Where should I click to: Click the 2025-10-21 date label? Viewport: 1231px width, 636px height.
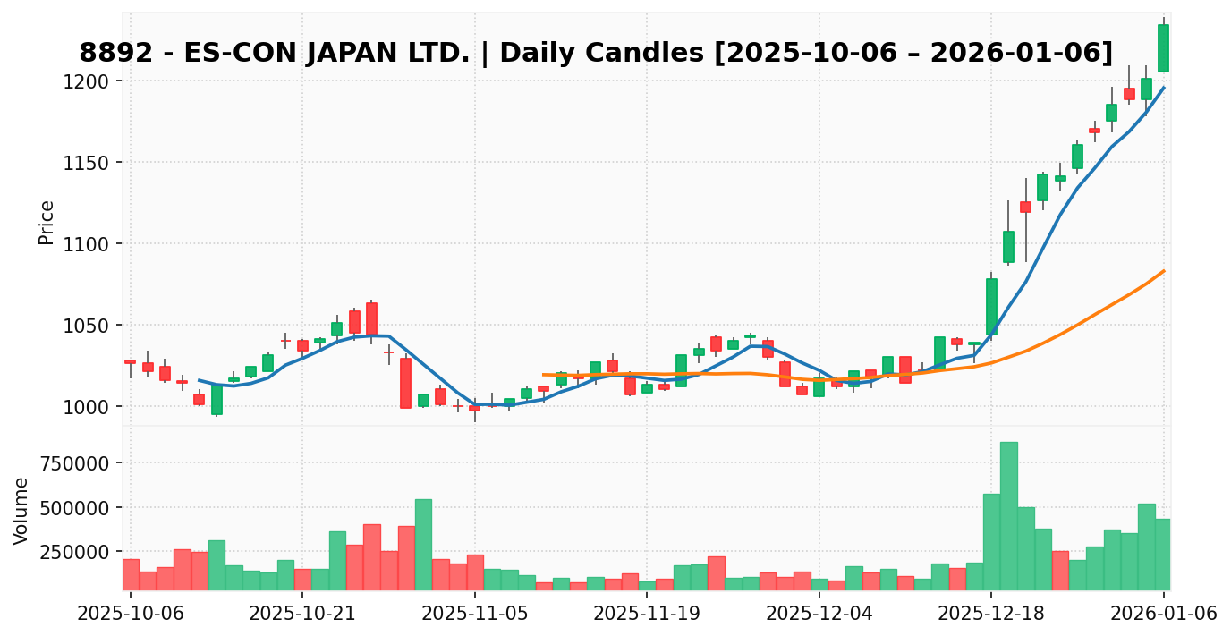(302, 615)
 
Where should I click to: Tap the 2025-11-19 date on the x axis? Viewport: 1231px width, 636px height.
(647, 615)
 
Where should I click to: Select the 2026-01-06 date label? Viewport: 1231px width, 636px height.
(1163, 615)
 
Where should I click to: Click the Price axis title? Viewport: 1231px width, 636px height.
(47, 222)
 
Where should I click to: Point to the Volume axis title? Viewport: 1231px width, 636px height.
(21, 510)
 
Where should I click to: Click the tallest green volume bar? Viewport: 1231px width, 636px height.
(1008, 515)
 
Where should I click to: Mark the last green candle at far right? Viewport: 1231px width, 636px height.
(1163, 48)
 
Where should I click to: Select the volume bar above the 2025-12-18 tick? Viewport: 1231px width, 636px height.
(991, 541)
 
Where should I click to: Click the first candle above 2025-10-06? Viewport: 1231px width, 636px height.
(131, 361)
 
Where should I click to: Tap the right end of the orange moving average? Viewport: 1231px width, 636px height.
(1163, 271)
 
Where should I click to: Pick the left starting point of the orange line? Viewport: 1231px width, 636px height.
(543, 374)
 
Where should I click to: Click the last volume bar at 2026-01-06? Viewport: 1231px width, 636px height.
(1163, 554)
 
